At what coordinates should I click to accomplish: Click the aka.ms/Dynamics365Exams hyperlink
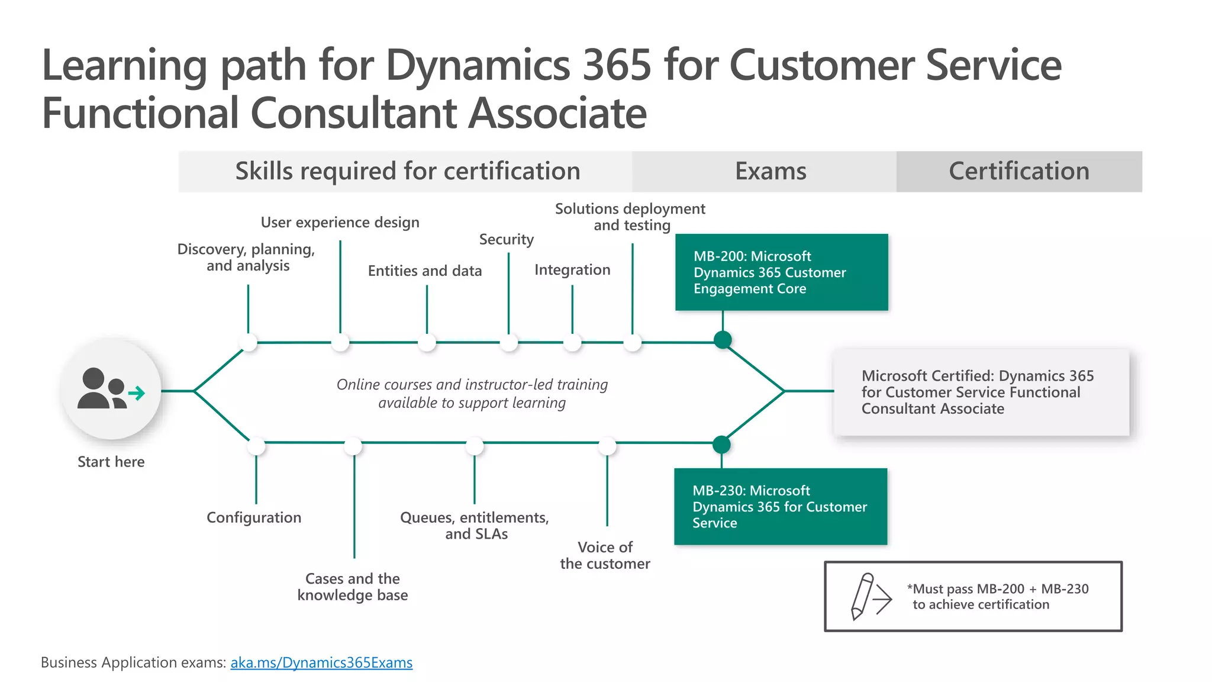321,662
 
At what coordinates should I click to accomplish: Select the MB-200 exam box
781,272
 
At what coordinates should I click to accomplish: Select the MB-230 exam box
780,507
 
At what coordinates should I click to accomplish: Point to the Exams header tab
770,171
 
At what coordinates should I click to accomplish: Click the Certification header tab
1018,171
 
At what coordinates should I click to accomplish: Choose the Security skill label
506,239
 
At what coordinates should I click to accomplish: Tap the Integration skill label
572,270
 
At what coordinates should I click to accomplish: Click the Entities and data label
424,271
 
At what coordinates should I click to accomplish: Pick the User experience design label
340,223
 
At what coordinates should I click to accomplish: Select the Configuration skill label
254,517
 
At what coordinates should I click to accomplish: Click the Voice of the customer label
605,555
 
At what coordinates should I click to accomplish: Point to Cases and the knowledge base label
353,587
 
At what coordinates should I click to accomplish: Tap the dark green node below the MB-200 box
723,340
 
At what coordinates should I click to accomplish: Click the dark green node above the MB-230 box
721,444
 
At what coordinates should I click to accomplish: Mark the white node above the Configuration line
256,445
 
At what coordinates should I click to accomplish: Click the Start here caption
111,462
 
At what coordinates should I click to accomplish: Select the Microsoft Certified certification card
981,393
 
